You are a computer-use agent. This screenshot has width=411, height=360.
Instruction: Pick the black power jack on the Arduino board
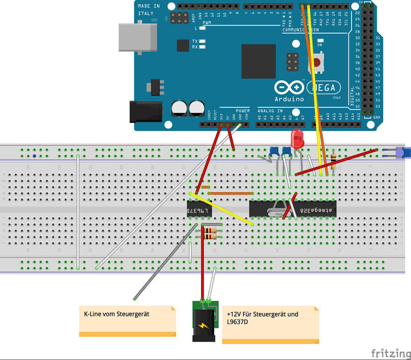(x=146, y=111)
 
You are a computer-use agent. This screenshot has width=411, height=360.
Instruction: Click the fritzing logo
(x=390, y=353)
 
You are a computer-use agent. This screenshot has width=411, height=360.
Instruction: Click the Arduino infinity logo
(x=289, y=87)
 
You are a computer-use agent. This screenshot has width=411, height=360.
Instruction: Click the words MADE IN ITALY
(x=149, y=10)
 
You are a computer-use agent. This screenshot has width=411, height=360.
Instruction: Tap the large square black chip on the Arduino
(x=258, y=61)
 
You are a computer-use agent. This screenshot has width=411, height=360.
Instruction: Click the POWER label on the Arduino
(x=242, y=111)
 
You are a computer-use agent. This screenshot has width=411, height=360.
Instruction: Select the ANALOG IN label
(x=270, y=111)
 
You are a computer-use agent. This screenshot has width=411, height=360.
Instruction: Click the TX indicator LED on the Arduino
(x=202, y=41)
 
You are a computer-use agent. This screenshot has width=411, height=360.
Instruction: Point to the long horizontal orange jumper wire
(x=231, y=193)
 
